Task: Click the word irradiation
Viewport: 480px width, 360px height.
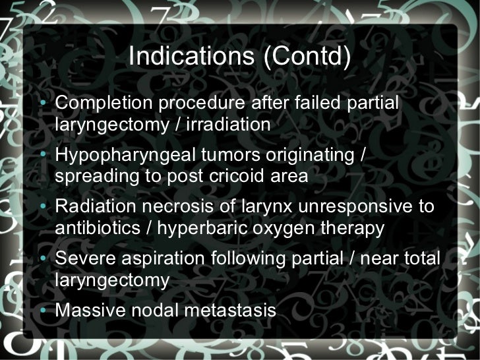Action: (x=227, y=124)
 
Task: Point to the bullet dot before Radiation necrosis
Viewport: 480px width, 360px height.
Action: (x=44, y=207)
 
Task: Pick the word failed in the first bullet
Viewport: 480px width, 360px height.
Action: (x=315, y=104)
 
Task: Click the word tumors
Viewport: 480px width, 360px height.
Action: (x=224, y=156)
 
